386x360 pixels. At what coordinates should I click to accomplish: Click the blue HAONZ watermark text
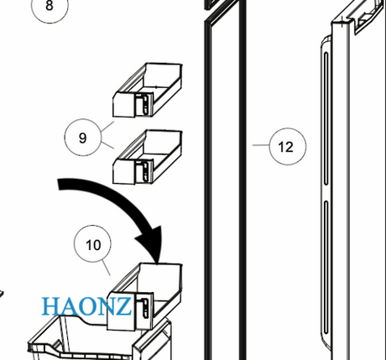(86, 306)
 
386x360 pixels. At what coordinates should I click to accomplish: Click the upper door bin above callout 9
(148, 90)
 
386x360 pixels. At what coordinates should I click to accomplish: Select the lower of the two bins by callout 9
(148, 157)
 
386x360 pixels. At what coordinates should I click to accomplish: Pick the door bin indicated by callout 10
(144, 296)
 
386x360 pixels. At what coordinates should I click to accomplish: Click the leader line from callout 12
(261, 145)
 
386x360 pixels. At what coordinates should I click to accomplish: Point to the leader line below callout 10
(106, 268)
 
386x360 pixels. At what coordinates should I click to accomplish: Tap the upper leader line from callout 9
(107, 127)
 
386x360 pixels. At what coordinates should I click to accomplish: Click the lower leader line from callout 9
(107, 145)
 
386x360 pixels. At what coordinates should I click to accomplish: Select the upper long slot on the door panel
(326, 118)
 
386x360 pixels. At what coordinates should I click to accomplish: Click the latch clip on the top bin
(144, 104)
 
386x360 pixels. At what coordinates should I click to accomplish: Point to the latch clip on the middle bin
(144, 171)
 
